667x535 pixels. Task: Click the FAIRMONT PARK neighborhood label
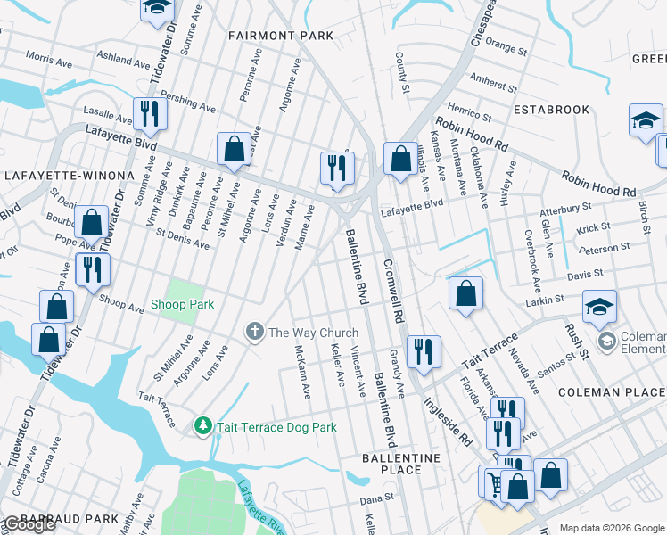[x=280, y=36]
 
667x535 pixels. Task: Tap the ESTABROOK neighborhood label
[x=551, y=110]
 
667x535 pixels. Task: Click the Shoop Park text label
[x=182, y=304]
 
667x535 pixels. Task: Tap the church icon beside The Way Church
[x=254, y=333]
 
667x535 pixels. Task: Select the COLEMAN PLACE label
[x=612, y=391]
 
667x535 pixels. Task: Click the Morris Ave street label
[x=48, y=58]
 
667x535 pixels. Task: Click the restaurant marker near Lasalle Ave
[x=147, y=114]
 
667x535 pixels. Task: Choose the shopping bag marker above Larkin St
[x=465, y=293]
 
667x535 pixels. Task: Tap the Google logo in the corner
[x=29, y=524]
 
